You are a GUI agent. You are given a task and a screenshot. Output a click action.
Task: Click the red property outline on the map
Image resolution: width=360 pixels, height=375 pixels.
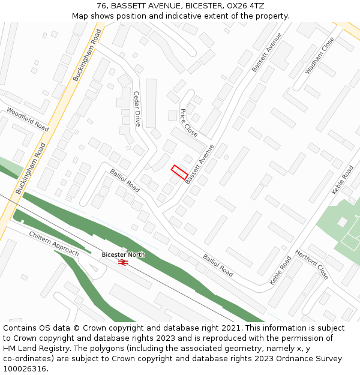179,172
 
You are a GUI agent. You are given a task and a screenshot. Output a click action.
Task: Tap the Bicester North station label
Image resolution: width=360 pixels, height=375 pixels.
123,255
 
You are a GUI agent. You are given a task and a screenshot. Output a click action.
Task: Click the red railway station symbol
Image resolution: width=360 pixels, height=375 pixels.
123,262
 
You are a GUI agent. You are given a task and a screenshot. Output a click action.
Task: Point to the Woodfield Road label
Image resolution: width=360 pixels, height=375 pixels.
28,119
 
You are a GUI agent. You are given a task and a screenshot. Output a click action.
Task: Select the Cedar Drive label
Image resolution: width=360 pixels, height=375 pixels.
137,109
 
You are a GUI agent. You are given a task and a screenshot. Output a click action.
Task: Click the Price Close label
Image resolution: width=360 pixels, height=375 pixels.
188,122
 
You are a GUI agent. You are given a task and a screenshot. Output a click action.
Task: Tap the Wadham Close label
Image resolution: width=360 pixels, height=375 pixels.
319,56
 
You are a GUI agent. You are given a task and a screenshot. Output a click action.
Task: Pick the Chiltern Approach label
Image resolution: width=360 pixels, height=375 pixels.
54,244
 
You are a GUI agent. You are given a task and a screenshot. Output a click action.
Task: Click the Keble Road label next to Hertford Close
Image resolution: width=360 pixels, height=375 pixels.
280,271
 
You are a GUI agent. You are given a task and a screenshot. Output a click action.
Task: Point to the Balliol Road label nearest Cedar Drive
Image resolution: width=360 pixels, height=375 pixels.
125,181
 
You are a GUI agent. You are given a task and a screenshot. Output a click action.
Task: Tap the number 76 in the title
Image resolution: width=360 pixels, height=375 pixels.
101,6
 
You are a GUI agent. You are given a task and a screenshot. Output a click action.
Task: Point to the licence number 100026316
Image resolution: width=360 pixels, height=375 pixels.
25,368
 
